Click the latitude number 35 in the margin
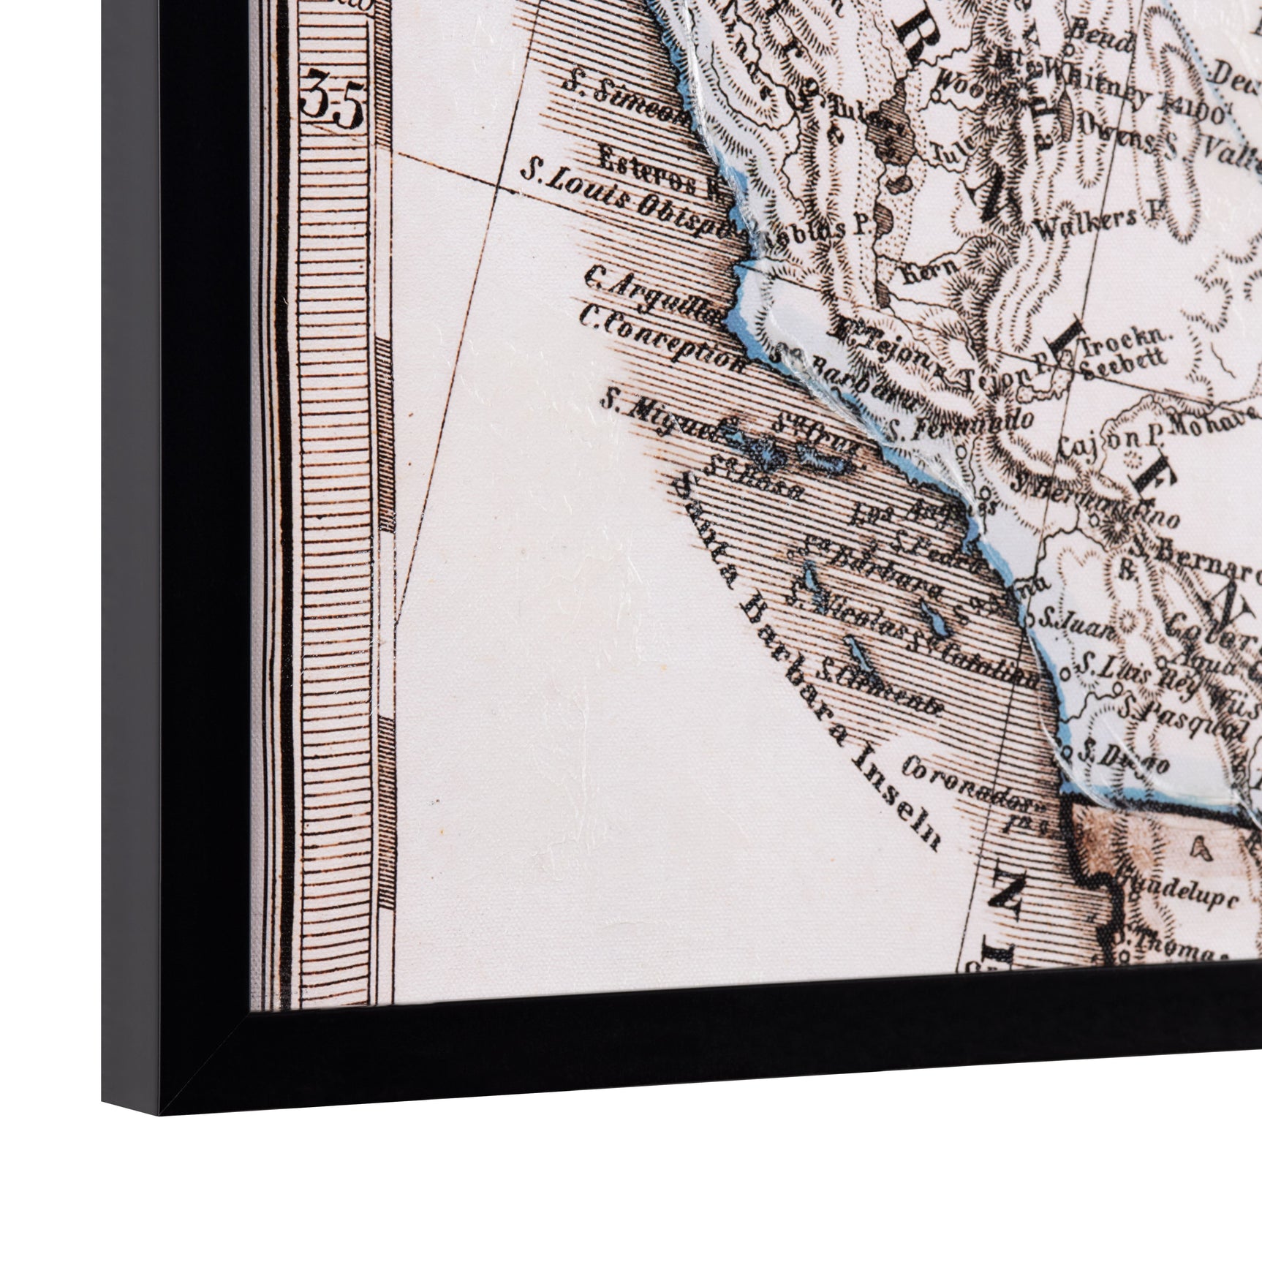(x=332, y=106)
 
